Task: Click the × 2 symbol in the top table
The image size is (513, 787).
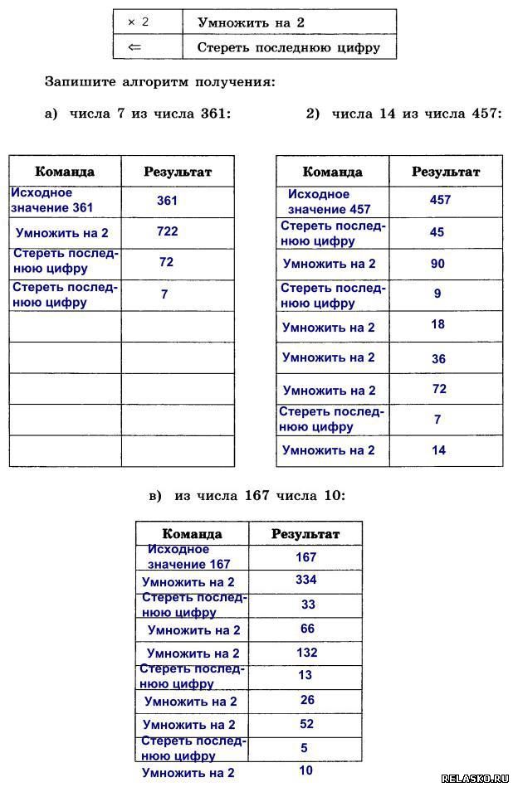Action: tap(138, 22)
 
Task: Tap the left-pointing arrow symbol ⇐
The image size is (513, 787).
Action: tap(135, 47)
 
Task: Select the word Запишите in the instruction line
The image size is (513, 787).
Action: tap(76, 81)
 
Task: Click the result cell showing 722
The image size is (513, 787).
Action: tap(168, 231)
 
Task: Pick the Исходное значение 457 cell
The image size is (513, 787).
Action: tap(330, 202)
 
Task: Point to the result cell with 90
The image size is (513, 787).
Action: tap(438, 264)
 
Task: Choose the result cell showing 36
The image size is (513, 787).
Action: tap(439, 359)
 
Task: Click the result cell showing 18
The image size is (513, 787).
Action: tap(438, 324)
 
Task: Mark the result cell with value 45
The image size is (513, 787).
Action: tap(437, 232)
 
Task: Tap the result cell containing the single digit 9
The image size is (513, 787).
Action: tap(437, 294)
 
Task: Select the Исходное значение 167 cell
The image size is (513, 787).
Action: tap(189, 556)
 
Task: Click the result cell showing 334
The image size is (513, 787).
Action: tap(305, 580)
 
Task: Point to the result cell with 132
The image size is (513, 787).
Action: tap(306, 653)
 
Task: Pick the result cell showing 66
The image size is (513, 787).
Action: tap(307, 629)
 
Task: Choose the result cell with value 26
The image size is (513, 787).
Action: tap(307, 700)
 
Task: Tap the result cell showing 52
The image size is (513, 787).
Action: tap(306, 724)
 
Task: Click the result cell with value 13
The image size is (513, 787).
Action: tap(305, 675)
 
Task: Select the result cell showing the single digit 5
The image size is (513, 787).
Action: tap(304, 748)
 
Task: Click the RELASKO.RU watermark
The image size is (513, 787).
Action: tap(474, 779)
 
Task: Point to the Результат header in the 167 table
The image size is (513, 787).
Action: tap(305, 534)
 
